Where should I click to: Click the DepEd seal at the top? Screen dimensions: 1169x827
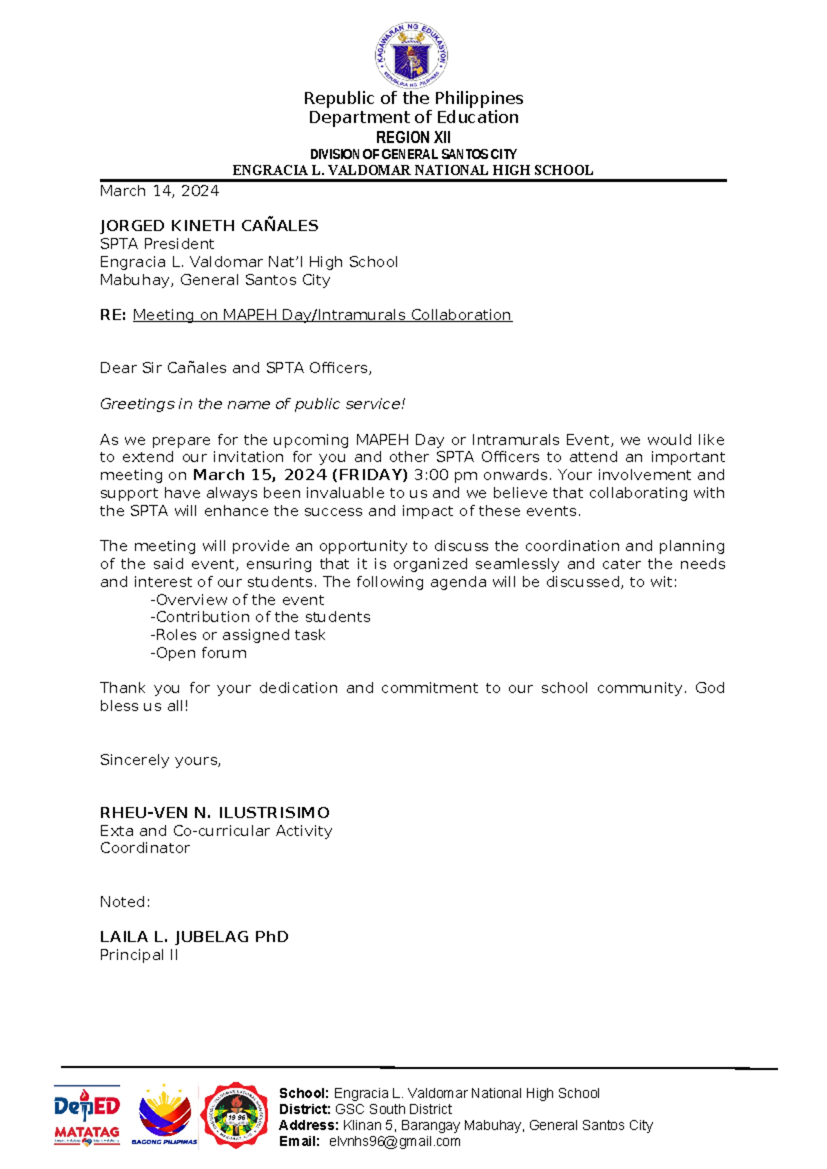tap(412, 55)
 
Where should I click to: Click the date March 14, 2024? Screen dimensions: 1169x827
tap(159, 191)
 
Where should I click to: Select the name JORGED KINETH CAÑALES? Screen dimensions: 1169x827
tap(209, 226)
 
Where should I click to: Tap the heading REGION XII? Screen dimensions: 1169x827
tap(413, 137)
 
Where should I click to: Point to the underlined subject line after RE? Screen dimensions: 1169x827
tap(322, 315)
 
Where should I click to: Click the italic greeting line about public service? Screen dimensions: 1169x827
tap(252, 404)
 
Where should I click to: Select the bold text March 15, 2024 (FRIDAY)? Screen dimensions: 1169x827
tap(300, 475)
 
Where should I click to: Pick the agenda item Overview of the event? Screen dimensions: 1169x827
tap(237, 600)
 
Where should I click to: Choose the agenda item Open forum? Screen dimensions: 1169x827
tap(198, 653)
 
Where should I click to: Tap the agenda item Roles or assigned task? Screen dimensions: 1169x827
tap(238, 635)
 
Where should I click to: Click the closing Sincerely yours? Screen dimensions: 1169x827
tap(161, 760)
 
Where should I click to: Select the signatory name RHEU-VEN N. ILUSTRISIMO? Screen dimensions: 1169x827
tap(214, 813)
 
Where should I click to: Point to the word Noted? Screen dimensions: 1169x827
tap(125, 902)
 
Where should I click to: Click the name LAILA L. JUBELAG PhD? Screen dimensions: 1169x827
tap(194, 937)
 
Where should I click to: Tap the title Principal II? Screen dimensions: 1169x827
tap(139, 955)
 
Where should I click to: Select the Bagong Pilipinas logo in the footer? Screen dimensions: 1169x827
tap(165, 1115)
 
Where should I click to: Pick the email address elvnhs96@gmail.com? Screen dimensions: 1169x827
tap(394, 1141)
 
